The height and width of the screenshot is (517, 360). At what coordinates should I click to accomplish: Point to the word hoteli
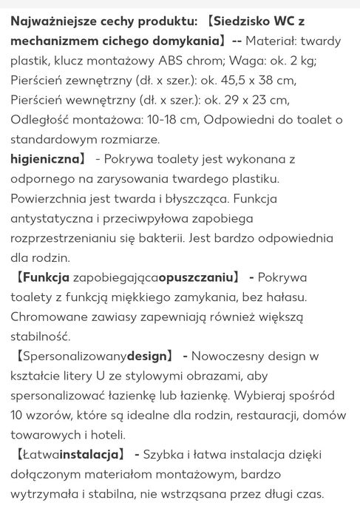(x=103, y=435)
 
